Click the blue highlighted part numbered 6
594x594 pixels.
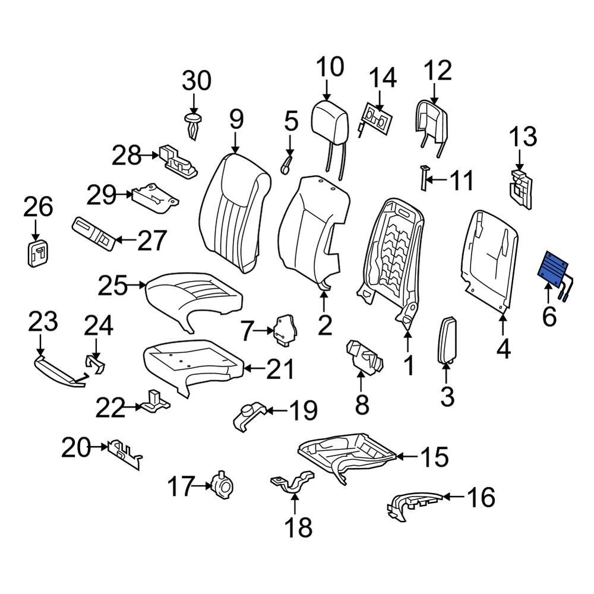554,270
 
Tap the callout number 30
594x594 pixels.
196,80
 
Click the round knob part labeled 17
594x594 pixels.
223,485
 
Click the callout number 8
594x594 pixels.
362,405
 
